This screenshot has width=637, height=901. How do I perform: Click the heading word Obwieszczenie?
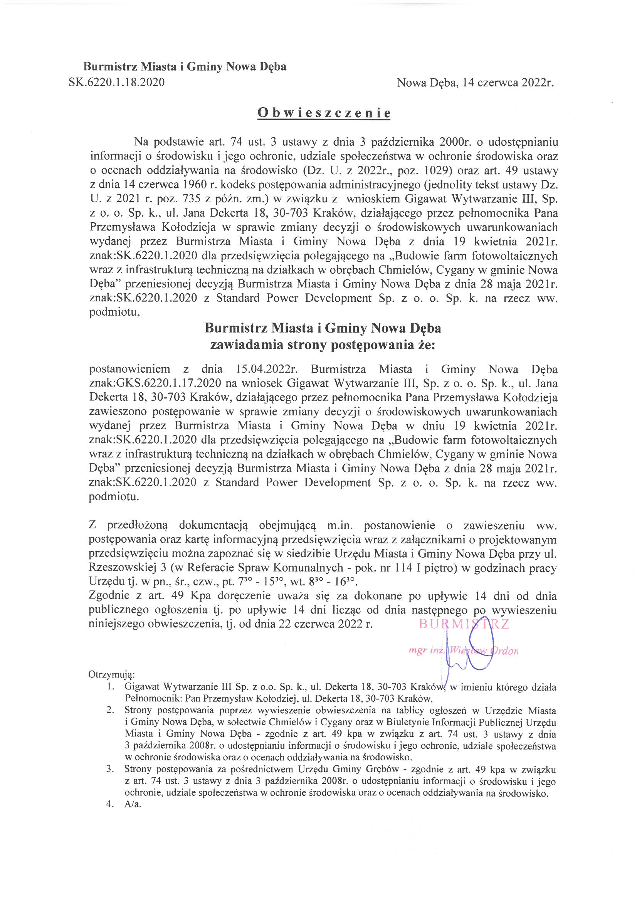(x=324, y=113)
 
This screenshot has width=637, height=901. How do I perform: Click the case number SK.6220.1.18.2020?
(x=116, y=82)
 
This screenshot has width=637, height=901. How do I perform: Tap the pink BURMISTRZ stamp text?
(x=464, y=624)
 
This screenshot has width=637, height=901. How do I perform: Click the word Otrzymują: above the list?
(x=111, y=674)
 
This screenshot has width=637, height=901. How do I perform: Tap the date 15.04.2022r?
(x=267, y=369)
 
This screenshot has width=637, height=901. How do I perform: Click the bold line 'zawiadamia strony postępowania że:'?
(x=323, y=345)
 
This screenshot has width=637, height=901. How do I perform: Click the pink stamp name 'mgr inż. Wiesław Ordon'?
(x=463, y=651)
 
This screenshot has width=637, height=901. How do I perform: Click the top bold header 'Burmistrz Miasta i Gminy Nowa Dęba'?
(x=185, y=67)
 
